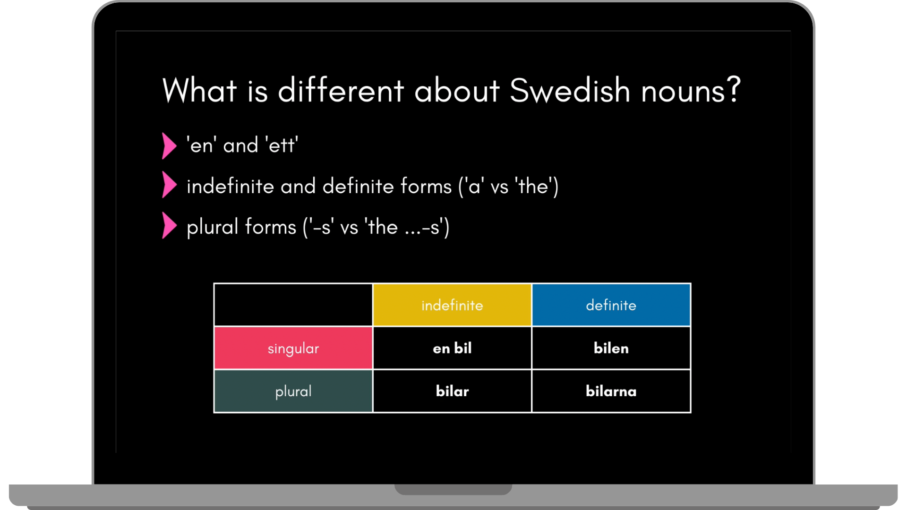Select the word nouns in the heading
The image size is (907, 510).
point(683,93)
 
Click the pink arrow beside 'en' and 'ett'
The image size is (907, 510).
point(169,145)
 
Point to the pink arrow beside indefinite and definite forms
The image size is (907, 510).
point(169,185)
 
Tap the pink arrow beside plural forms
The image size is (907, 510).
point(169,225)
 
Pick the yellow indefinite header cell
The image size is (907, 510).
point(452,305)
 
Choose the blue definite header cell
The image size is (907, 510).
point(611,305)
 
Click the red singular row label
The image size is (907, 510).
point(293,348)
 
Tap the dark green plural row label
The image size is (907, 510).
point(293,391)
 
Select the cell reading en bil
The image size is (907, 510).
point(452,348)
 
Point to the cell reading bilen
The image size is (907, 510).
point(611,348)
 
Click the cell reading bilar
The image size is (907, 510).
point(452,391)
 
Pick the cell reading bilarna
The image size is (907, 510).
point(611,391)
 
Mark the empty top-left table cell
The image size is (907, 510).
point(293,305)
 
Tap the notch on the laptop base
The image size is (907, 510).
point(453,489)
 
